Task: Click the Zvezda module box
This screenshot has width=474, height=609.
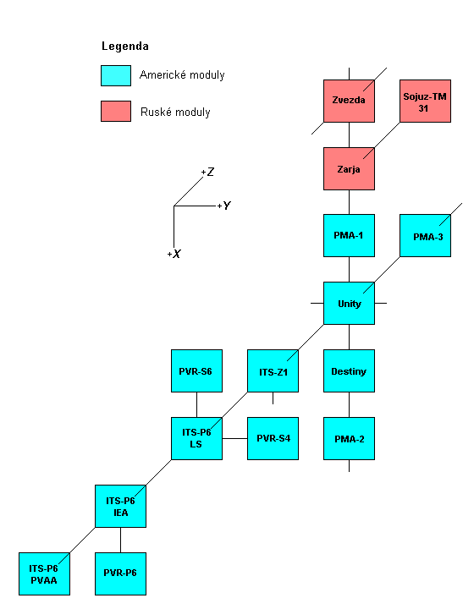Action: coord(349,101)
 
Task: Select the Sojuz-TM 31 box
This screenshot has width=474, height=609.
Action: coord(425,101)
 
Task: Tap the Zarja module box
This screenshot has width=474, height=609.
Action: coord(349,168)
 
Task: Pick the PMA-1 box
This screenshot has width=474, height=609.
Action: coord(349,235)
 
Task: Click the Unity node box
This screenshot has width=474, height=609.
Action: coord(349,303)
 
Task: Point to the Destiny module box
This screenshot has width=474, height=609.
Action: coord(349,370)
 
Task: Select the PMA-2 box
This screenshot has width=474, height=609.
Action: coord(349,438)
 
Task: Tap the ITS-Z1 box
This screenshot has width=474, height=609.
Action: coord(273,370)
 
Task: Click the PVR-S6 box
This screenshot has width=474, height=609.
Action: coord(196,370)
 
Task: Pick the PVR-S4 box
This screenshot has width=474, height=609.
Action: coord(273,438)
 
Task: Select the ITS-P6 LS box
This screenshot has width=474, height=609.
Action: coord(196,438)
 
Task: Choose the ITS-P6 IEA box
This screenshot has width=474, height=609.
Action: coord(120,506)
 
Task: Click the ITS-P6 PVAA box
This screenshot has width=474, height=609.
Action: coord(44,573)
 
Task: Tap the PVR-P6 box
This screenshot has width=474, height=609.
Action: coord(120,573)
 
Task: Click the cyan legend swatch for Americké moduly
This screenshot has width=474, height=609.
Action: coord(116,75)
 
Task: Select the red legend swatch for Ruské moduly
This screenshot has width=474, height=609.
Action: coord(116,111)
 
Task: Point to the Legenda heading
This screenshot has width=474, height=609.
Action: coord(124,46)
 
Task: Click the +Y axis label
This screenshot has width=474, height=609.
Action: coord(224,206)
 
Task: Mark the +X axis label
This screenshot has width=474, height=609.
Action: coord(174,254)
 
